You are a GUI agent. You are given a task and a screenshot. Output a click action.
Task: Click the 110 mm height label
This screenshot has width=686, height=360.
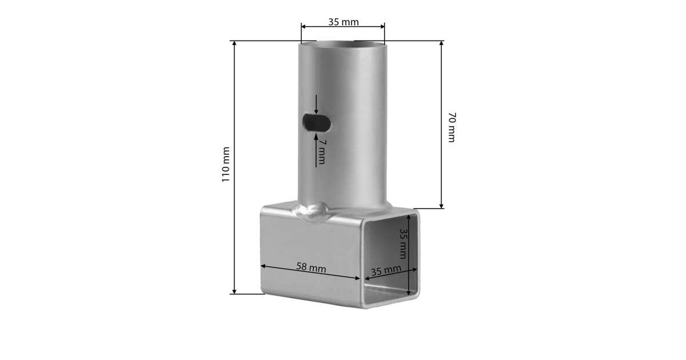pos(226,165)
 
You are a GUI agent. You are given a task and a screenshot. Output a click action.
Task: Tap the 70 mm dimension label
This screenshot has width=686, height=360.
pos(452,127)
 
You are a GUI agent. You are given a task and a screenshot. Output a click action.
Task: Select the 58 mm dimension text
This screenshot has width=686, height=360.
pos(311,267)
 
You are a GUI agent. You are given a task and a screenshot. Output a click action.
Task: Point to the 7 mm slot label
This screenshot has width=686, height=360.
pos(321,152)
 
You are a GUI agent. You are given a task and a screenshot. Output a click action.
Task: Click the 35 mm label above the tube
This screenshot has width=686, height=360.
pos(344,22)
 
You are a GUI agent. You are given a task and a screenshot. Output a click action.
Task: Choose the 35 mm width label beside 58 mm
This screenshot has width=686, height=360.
pos(386,270)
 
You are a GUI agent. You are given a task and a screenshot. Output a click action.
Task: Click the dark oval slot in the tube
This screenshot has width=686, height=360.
pos(316,123)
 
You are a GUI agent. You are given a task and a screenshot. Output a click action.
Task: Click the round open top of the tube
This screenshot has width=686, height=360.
pos(342,45)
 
